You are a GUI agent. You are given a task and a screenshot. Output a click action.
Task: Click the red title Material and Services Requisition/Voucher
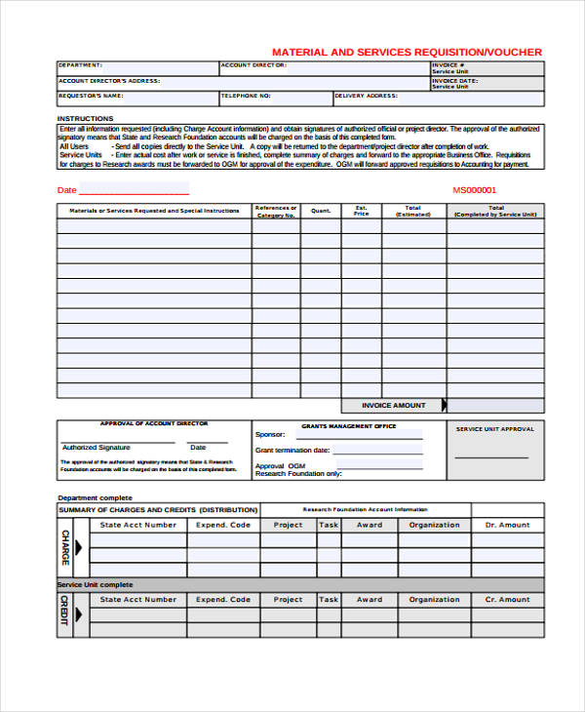point(407,52)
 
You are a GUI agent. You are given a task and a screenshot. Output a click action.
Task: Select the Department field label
point(81,65)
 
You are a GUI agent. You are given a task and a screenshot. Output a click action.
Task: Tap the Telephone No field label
point(246,96)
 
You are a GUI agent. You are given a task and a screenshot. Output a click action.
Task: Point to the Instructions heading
point(85,118)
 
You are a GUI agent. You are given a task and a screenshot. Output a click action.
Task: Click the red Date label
point(66,190)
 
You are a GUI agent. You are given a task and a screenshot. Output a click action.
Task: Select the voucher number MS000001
point(475,190)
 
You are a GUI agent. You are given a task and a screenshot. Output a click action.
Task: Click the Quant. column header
point(321,210)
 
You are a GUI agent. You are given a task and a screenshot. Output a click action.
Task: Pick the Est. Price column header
point(361,211)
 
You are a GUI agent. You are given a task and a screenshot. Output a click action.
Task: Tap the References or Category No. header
point(276,211)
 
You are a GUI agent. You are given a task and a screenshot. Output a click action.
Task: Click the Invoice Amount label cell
point(393,405)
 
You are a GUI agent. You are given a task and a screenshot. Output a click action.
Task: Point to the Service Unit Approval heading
point(495,429)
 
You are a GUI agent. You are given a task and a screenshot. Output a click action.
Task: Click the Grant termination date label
point(292,451)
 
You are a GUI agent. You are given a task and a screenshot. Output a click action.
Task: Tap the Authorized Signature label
point(94,447)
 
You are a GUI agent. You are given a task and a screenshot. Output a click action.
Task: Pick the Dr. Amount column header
point(507,525)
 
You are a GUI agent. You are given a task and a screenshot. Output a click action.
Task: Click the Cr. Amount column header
point(507,600)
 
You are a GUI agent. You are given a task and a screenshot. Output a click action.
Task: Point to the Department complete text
point(95,497)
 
